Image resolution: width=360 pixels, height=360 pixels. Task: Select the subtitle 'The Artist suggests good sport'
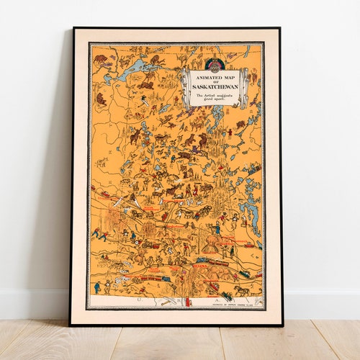click(x=214, y=97)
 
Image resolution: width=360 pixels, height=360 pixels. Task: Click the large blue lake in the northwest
click(x=132, y=70)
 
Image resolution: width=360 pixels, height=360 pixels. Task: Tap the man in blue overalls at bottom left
click(x=97, y=287)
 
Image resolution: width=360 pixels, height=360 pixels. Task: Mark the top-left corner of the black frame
click(x=73, y=29)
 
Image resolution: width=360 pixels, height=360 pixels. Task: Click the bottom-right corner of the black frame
click(x=282, y=325)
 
